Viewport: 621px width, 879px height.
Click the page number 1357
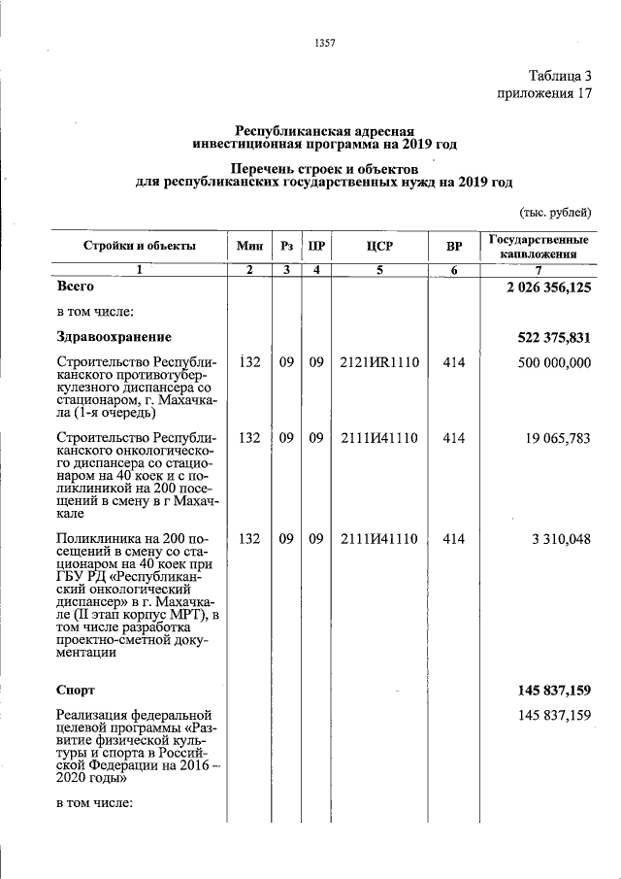click(x=325, y=42)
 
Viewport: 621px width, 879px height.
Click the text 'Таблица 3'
click(x=559, y=76)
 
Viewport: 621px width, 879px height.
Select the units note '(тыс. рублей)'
click(x=555, y=214)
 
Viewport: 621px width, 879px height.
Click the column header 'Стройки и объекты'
click(x=140, y=246)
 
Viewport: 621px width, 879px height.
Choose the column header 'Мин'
click(x=249, y=246)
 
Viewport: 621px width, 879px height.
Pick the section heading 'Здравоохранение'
click(x=114, y=337)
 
